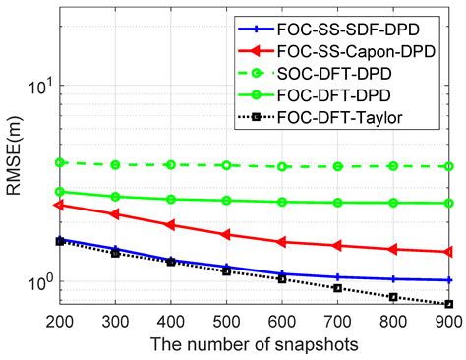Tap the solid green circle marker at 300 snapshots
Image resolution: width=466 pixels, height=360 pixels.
(x=115, y=197)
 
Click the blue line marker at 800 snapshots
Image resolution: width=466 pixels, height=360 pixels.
(x=393, y=279)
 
